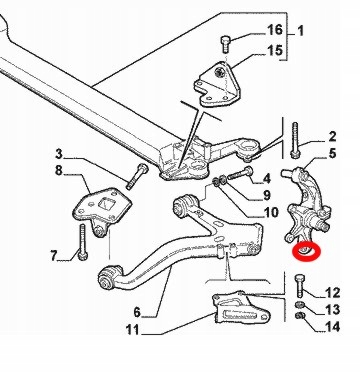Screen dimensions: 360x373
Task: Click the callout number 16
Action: click(275, 30)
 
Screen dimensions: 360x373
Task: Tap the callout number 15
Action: click(275, 51)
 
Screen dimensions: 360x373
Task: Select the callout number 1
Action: click(300, 31)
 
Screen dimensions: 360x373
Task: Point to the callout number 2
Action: click(332, 137)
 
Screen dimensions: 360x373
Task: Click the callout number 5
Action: click(332, 154)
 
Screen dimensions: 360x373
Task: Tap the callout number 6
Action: click(137, 312)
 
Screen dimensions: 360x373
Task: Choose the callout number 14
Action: click(332, 326)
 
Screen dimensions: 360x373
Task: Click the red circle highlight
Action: click(306, 252)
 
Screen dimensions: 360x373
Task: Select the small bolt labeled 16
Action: click(225, 44)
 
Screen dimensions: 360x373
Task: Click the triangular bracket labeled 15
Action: click(218, 84)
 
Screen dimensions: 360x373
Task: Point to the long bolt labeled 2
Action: click(294, 140)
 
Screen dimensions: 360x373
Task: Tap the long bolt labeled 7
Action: click(82, 242)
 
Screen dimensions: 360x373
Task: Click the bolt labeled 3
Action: click(137, 176)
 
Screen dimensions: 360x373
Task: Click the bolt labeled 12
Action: click(299, 286)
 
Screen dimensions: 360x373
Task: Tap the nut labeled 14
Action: click(300, 315)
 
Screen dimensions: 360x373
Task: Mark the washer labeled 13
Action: click(299, 304)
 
